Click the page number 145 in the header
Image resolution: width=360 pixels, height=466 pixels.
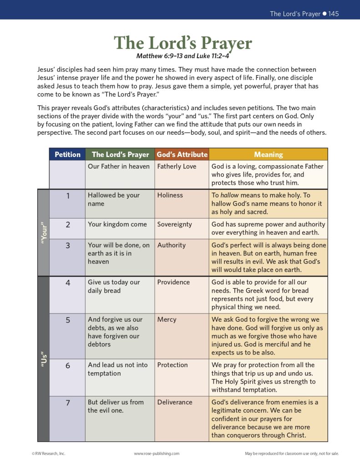click(x=334, y=14)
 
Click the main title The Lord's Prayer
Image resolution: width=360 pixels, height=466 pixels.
click(x=183, y=43)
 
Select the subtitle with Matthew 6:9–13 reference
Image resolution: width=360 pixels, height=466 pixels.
click(x=183, y=56)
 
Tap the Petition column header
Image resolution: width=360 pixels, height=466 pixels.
click(x=67, y=154)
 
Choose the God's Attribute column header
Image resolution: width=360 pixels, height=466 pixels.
click(x=182, y=154)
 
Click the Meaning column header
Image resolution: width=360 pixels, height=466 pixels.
click(x=268, y=154)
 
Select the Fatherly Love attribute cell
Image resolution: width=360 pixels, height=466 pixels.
click(x=177, y=167)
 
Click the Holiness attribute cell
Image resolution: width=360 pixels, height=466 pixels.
click(x=170, y=195)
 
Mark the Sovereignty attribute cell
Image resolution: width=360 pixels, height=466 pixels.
click(x=174, y=224)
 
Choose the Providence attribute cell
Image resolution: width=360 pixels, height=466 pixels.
click(x=173, y=282)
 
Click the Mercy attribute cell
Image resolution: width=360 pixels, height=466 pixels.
click(x=167, y=319)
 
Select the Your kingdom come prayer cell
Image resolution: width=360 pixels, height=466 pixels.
click(x=117, y=224)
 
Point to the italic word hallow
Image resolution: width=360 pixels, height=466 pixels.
click(x=229, y=195)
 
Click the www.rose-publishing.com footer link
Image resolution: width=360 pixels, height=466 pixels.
click(x=157, y=454)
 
